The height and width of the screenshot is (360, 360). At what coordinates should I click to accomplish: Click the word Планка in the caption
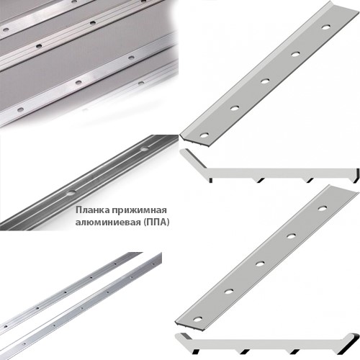tap(92, 210)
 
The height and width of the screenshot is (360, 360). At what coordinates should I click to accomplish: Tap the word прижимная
tap(139, 210)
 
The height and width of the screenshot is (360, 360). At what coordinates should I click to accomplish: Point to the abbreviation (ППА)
tap(156, 222)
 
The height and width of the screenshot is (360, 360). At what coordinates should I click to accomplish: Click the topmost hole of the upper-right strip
tap(325, 27)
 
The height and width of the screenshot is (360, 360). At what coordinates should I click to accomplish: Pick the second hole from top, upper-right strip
tap(295, 54)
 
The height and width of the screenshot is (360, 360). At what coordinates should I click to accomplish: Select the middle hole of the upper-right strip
tap(265, 81)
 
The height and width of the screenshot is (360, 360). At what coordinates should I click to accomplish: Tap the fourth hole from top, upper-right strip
tap(235, 108)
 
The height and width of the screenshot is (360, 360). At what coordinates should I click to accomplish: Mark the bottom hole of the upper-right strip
tap(204, 135)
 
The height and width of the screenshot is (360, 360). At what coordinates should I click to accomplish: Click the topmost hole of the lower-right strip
tap(323, 208)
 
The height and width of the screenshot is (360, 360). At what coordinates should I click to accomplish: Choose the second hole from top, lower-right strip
tap(291, 236)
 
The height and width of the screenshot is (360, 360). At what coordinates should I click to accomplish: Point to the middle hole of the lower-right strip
tap(260, 264)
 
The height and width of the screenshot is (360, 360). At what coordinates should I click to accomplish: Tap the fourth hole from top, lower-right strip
tap(229, 292)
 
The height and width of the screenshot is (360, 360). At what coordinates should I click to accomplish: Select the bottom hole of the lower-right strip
tap(198, 320)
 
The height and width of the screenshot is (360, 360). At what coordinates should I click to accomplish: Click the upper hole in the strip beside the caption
tap(145, 149)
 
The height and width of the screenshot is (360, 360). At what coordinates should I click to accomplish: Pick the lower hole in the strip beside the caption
tap(71, 193)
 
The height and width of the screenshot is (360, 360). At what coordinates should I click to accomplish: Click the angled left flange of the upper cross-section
tap(192, 158)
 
